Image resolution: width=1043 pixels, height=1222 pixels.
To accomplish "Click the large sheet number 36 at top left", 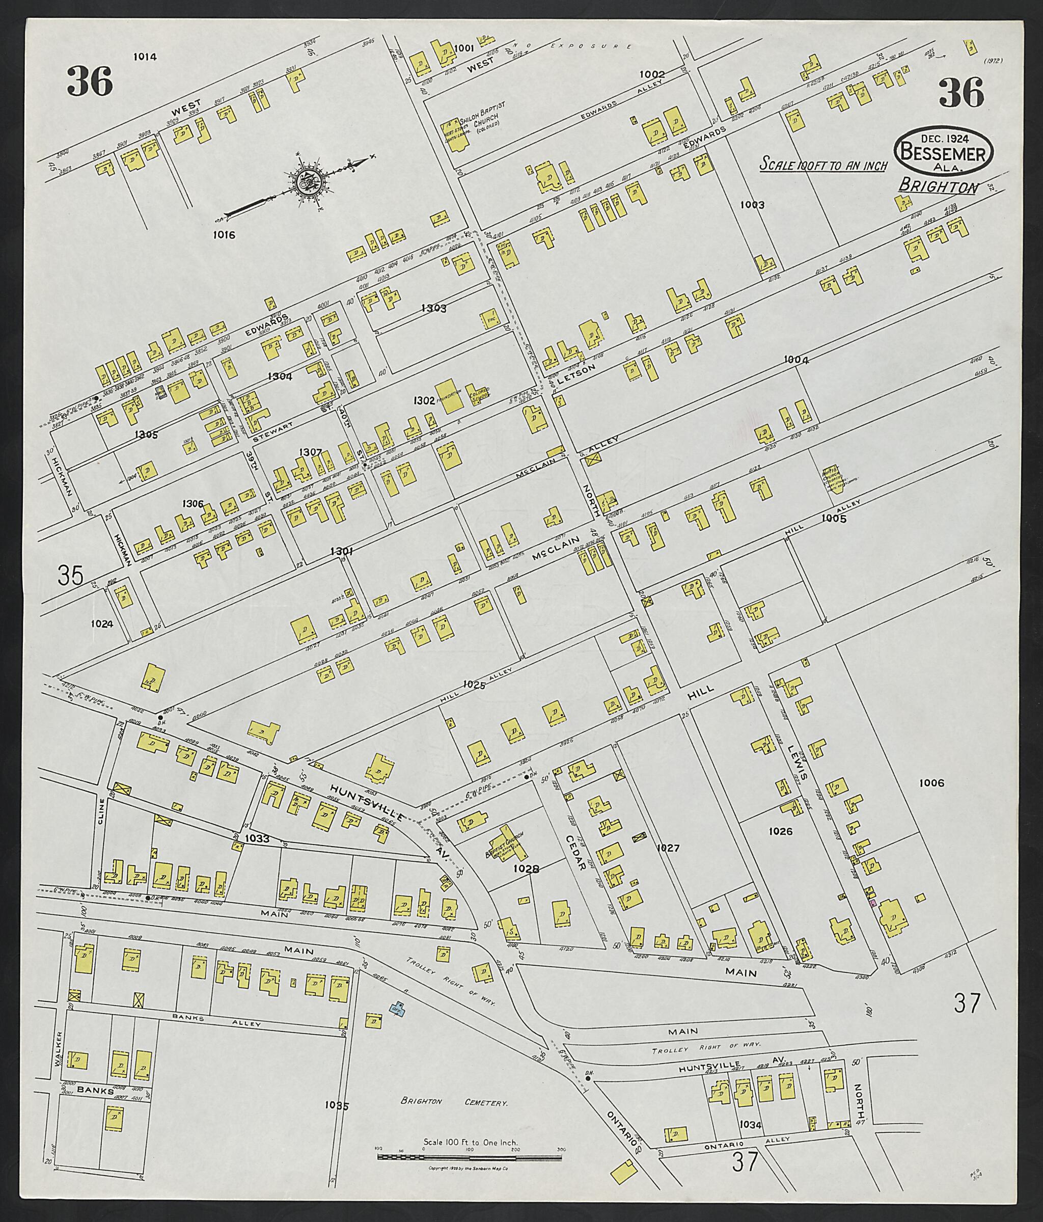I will [90, 82].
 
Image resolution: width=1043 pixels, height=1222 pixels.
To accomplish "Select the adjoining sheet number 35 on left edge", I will [70, 575].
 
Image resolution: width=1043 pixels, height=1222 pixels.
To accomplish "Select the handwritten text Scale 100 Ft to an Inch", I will [823, 165].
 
